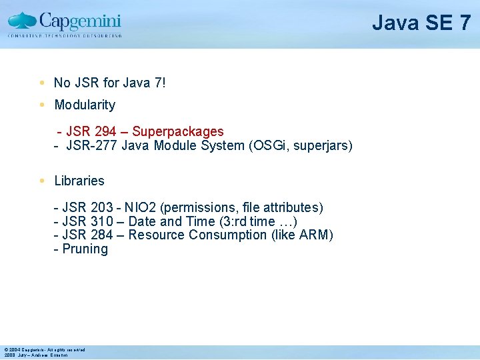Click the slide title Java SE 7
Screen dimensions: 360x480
[x=421, y=23]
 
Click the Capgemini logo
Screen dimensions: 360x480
[x=65, y=24]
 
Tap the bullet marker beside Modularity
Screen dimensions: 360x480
[x=41, y=105]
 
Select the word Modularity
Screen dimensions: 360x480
[x=85, y=105]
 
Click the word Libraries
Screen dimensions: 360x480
[x=79, y=181]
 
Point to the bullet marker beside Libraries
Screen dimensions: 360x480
[x=41, y=181]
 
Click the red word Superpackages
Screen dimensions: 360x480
[x=178, y=132]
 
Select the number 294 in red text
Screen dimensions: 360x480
[x=104, y=132]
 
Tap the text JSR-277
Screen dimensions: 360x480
[x=92, y=145]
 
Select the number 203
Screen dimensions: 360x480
[x=101, y=208]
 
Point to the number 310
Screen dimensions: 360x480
[x=101, y=221]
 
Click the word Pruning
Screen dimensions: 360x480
[x=85, y=249]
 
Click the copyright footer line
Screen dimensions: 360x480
[x=45, y=349]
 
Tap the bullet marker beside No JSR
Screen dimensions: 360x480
[x=41, y=83]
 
